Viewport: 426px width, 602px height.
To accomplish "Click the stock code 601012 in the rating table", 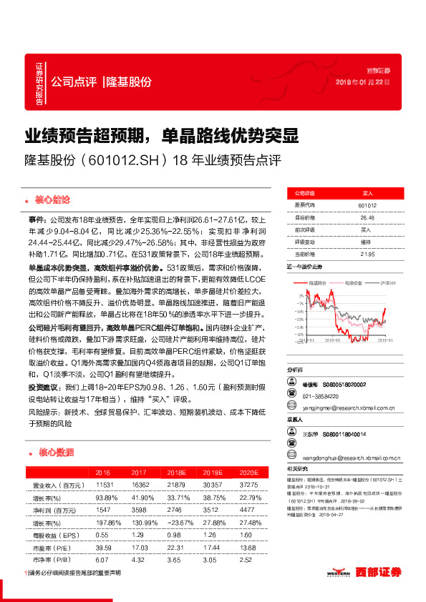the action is (367, 205).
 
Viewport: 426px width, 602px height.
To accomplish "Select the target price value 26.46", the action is (367, 217).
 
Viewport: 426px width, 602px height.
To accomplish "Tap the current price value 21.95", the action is (367, 254).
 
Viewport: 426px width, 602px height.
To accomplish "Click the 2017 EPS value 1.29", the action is (140, 536).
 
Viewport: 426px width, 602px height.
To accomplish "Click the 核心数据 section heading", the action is (54, 452).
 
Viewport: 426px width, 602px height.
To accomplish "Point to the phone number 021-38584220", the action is (319, 395).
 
